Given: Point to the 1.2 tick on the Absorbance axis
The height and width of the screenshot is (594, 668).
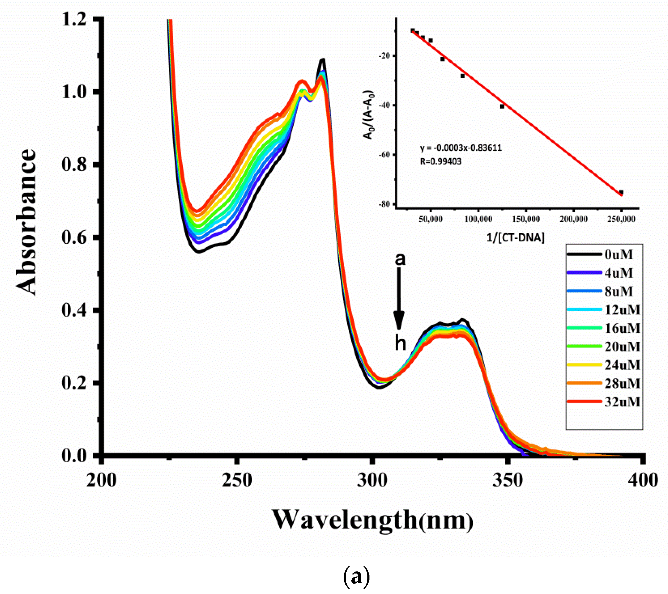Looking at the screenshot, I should [74, 19].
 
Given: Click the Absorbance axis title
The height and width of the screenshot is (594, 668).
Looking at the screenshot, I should [26, 222].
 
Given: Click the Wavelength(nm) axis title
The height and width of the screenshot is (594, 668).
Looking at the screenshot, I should [372, 520].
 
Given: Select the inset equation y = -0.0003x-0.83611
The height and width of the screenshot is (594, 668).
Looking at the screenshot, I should [461, 148].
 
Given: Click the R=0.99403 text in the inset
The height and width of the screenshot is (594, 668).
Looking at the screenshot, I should [441, 161].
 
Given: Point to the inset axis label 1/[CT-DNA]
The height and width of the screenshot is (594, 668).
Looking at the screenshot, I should [516, 237].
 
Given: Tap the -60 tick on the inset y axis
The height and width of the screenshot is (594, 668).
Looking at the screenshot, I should [384, 155].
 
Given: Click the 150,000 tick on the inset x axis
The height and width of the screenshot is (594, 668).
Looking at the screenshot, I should [526, 219].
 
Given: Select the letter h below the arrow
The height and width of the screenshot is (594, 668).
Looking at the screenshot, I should [400, 343].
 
